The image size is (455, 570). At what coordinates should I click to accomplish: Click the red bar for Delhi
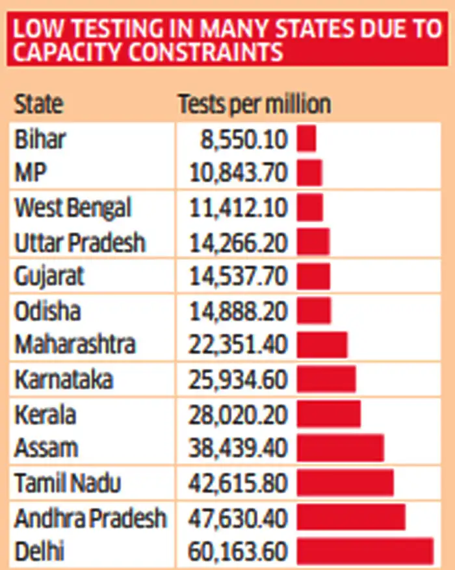[365, 551]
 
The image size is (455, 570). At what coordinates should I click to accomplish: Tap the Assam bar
[340, 448]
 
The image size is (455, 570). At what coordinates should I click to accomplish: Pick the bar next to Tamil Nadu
[345, 483]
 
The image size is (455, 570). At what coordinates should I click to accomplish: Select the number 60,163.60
[238, 552]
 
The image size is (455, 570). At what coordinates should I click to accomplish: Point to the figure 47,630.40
[238, 518]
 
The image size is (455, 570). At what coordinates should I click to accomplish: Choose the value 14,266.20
[238, 243]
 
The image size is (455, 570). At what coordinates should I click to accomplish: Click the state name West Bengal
[73, 208]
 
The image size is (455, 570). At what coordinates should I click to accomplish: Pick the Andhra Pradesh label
[90, 518]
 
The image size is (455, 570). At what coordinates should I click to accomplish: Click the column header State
[39, 104]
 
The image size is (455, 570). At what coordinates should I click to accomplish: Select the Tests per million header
[254, 104]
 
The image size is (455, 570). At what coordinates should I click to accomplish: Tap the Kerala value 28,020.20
[238, 414]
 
